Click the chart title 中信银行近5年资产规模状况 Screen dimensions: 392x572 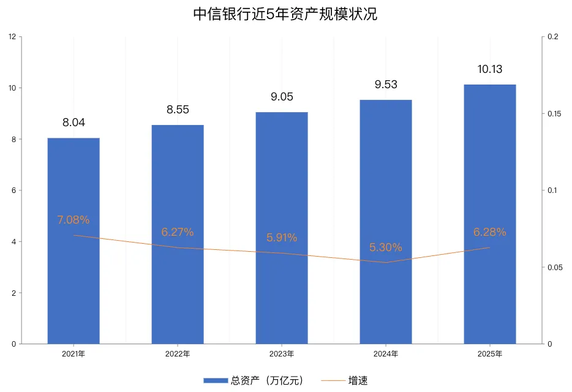tap(285, 15)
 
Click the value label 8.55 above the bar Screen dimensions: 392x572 tap(178, 110)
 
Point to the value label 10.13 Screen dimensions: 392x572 tap(490, 69)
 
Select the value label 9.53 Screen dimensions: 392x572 tap(386, 85)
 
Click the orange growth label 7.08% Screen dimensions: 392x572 tap(73, 220)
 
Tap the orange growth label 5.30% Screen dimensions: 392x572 tap(386, 247)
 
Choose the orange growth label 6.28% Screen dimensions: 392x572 tap(490, 232)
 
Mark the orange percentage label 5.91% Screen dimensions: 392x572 tap(282, 238)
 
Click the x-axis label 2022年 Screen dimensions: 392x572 tap(178, 354)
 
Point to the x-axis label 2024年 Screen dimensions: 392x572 tap(386, 354)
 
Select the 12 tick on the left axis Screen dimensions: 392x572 tap(12, 37)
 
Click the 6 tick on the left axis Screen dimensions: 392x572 tap(13, 190)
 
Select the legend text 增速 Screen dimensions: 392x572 tap(358, 380)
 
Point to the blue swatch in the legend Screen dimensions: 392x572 tap(216, 380)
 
